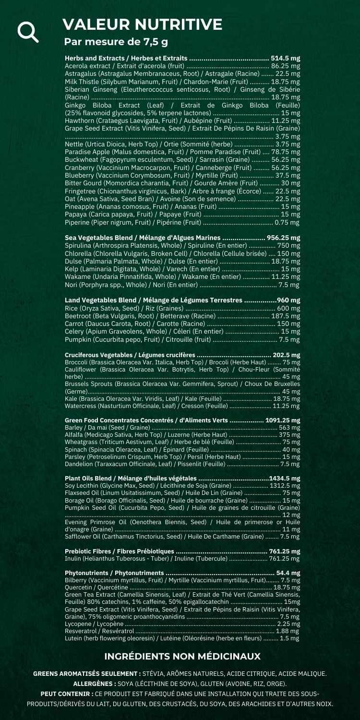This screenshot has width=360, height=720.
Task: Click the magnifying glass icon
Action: tap(27, 31)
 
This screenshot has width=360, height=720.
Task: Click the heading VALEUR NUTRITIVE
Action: tap(143, 24)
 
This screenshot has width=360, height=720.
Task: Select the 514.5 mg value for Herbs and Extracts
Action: tap(286, 59)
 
